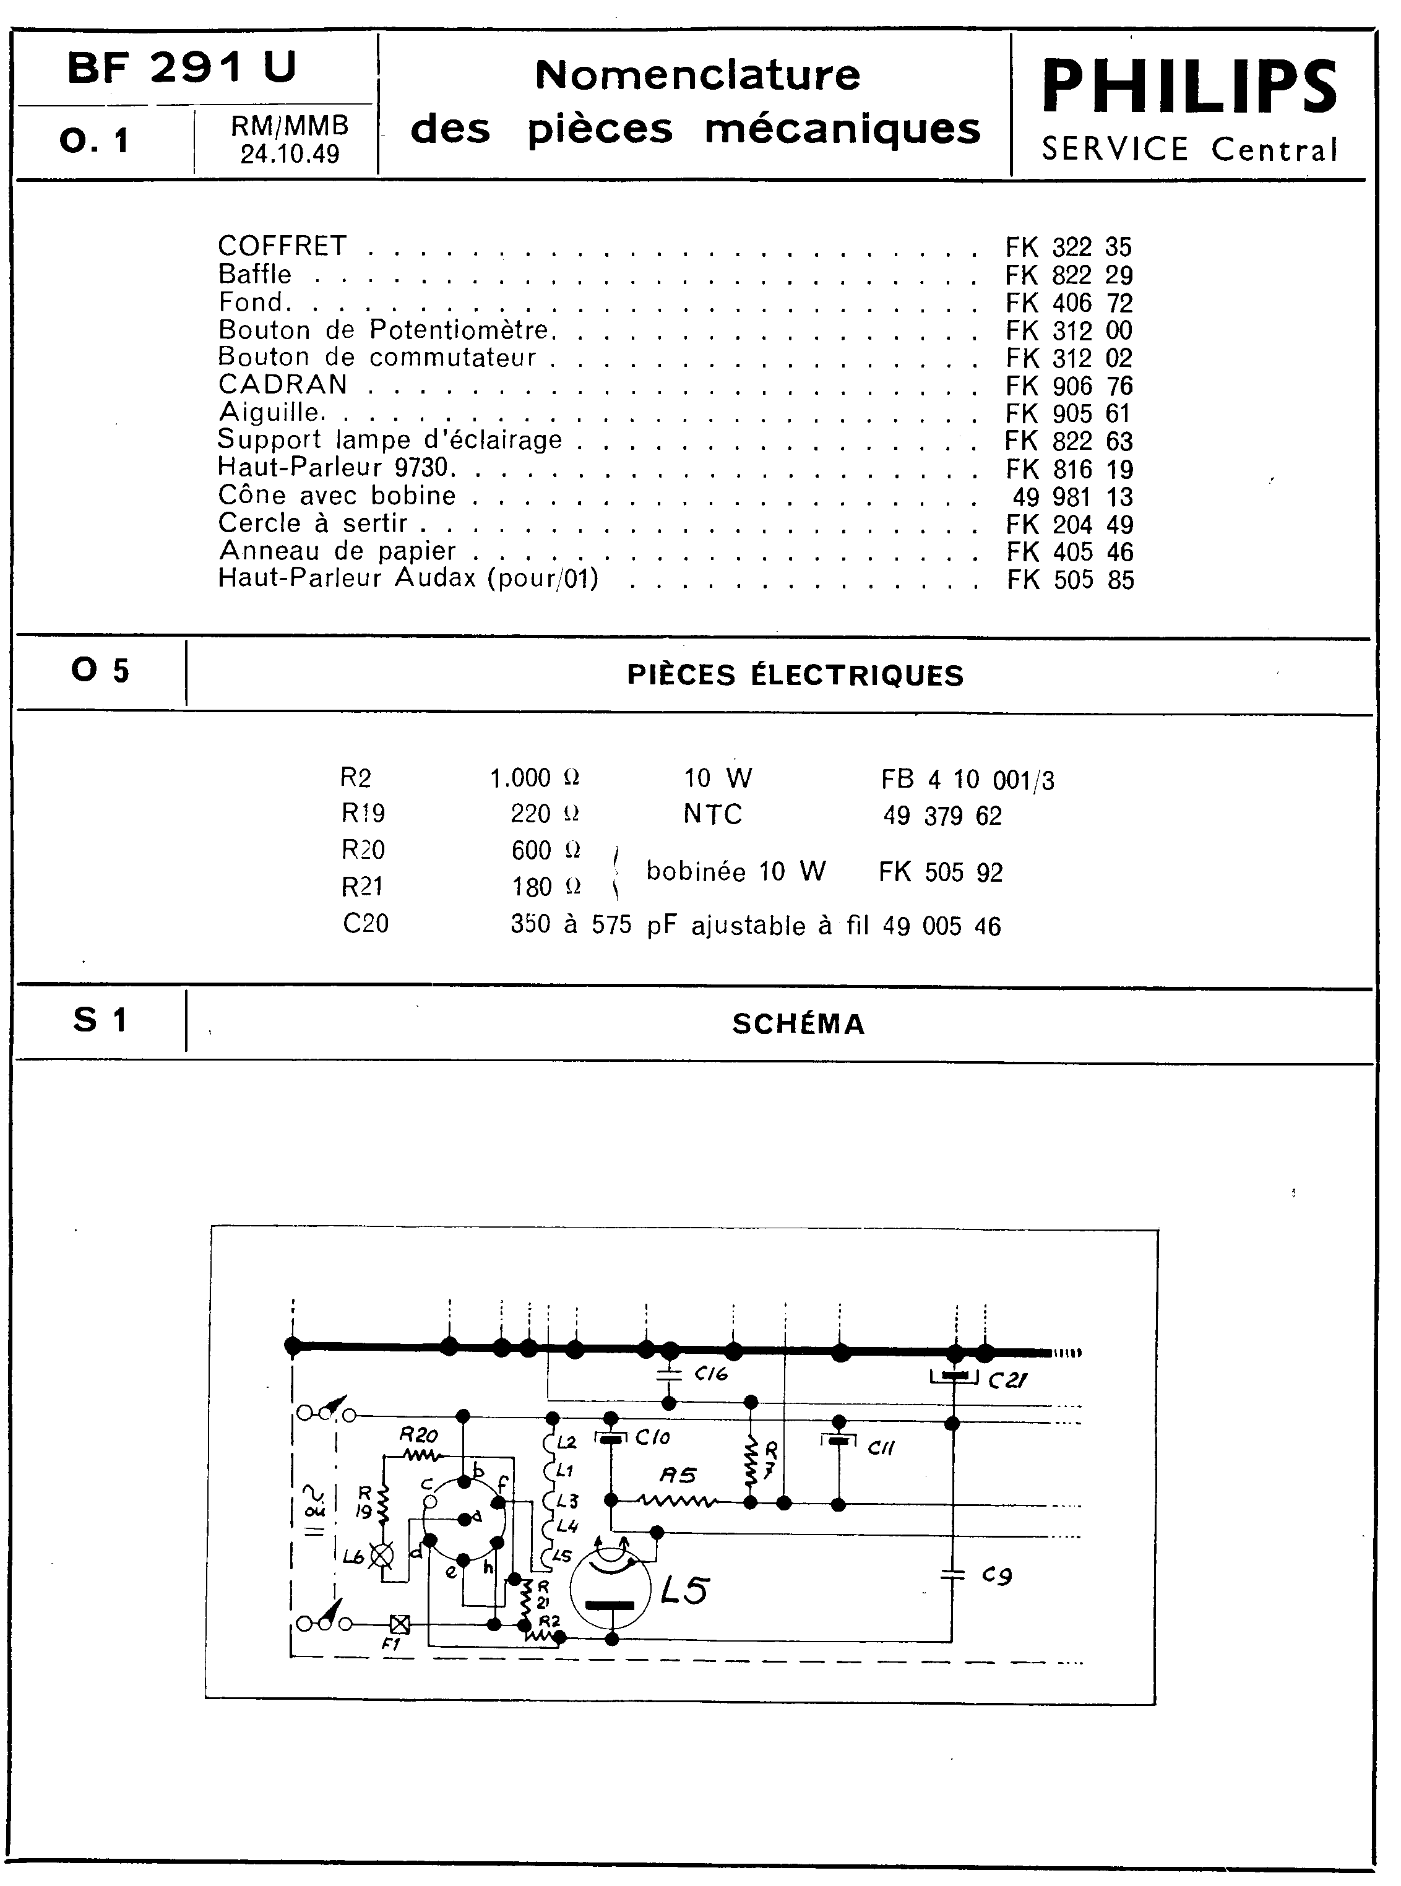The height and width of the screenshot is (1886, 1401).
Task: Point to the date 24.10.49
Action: (289, 154)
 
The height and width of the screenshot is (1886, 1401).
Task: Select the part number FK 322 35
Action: (1069, 247)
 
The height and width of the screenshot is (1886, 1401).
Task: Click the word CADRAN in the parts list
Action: (282, 384)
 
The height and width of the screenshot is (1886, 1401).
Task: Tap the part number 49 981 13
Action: (1073, 497)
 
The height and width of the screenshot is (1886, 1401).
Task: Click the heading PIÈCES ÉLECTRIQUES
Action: (795, 675)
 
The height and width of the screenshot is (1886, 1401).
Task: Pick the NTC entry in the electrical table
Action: (712, 814)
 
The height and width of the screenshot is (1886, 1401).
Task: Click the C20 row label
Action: (366, 923)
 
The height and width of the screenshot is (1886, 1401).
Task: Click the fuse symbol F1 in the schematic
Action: (399, 1624)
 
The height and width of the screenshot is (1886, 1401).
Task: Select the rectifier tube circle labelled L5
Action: (611, 1588)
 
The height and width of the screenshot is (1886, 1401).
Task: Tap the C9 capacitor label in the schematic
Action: (996, 1575)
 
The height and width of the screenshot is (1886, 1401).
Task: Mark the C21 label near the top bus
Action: (1008, 1380)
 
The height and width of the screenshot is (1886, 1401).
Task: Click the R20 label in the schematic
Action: (418, 1436)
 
